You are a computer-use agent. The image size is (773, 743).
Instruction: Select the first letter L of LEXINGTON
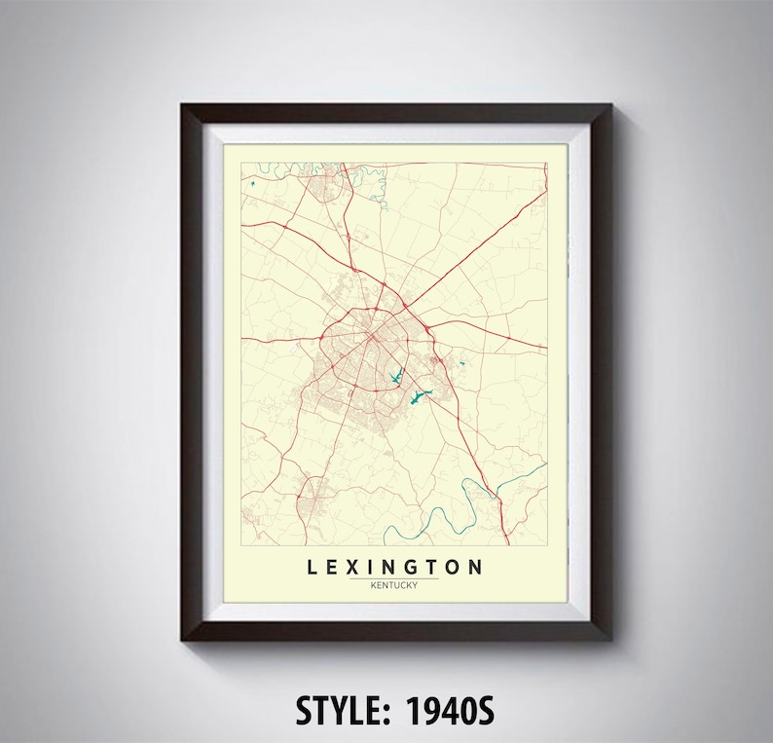point(312,567)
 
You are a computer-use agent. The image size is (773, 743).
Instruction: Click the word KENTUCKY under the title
point(394,584)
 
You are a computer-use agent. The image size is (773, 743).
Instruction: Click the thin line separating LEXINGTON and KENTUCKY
point(394,577)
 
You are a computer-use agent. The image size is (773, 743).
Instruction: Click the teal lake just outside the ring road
point(419,396)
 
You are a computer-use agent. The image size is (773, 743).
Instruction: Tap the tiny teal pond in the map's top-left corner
point(251,183)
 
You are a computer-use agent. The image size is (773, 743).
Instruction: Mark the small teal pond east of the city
point(461,365)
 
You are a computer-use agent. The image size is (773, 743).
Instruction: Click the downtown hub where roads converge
point(372,336)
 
